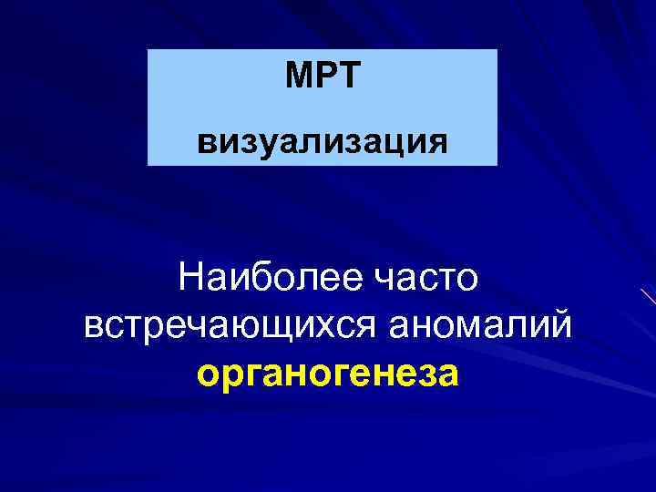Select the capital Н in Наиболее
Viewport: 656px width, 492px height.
pos(192,277)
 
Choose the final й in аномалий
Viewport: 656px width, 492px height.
pos(562,326)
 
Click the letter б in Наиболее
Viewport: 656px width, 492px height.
pos(257,277)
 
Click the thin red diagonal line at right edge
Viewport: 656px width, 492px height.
pos(649,297)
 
